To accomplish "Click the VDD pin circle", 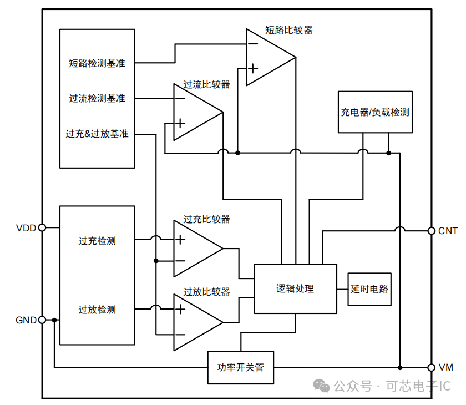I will (42, 227).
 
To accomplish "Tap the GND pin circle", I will (42, 320).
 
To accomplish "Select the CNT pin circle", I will (431, 231).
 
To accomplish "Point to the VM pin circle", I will (431, 367).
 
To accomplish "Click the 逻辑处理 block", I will (295, 289).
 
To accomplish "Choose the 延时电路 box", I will (369, 289).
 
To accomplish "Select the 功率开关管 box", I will (241, 367).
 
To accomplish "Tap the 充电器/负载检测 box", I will (375, 112).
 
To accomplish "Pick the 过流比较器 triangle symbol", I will (194, 112).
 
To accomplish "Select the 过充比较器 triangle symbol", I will (194, 248).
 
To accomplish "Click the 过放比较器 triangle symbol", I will (194, 322).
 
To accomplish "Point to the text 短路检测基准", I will (97, 63).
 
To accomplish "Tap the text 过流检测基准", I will (97, 99).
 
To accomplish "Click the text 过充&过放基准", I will (97, 134).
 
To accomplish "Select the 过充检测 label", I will (97, 241).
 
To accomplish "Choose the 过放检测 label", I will (97, 310).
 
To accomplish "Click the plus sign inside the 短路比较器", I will (253, 69).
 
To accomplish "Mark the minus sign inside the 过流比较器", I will (180, 99).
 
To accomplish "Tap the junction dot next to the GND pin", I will (54, 320).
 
